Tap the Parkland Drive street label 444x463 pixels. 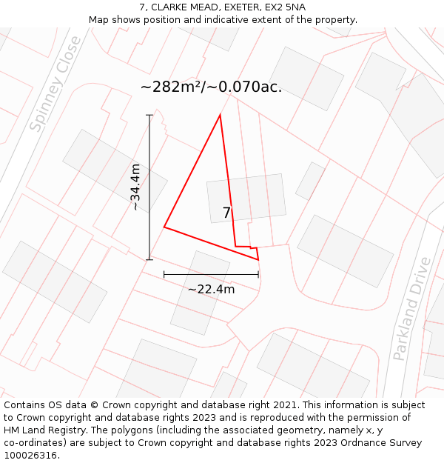coord(411,309)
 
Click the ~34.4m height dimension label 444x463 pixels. coord(135,187)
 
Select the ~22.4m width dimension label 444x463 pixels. coord(211,289)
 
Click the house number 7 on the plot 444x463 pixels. coord(226,213)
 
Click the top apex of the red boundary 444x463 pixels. coord(220,116)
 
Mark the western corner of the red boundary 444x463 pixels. coord(164,227)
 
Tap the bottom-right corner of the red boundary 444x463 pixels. coord(258,259)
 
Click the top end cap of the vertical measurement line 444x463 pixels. coord(149,116)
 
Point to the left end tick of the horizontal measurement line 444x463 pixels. coord(164,274)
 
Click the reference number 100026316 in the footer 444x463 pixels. coord(30,456)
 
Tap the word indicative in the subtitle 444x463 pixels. coord(235,20)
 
